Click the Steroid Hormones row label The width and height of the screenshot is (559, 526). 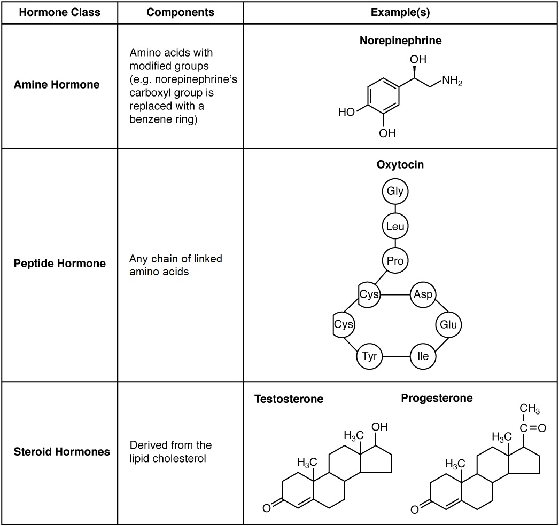pos(62,451)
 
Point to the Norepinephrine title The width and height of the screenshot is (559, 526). pos(400,41)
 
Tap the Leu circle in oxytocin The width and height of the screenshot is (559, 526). pos(395,227)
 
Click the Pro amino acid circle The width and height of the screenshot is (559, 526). pos(395,261)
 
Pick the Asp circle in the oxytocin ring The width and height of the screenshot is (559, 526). pos(423,294)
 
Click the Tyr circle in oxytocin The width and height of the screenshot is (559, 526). pos(370,356)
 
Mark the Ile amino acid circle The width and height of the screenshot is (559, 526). pos(423,356)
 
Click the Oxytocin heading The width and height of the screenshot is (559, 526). pos(400,164)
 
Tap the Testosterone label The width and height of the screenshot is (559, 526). pos(289,399)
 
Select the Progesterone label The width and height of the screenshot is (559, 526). pos(437,398)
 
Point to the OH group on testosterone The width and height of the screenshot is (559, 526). pos(379,427)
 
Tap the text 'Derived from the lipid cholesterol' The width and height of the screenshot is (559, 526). pos(170,451)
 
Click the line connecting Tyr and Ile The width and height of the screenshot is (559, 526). pos(397,356)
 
